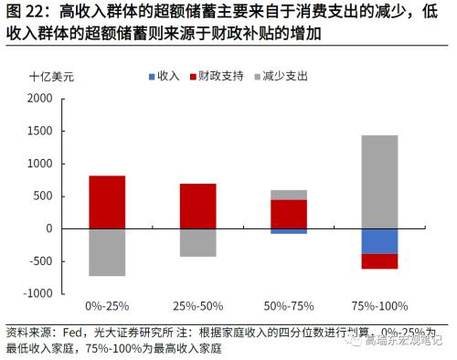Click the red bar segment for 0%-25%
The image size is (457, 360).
coord(107,202)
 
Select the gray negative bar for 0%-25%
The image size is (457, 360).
coord(107,251)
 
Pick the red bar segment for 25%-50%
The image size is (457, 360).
coord(198,206)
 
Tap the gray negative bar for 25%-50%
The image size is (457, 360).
coord(198,242)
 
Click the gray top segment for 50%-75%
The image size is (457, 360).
coord(289,195)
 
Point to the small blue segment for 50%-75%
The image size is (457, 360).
coord(289,231)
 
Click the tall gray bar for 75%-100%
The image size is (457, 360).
coord(379,182)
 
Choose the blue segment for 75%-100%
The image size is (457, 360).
coord(379,241)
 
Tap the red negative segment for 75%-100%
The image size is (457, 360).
coord(379,261)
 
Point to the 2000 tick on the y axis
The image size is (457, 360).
coord(39,98)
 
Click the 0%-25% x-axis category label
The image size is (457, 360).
coord(107,305)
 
